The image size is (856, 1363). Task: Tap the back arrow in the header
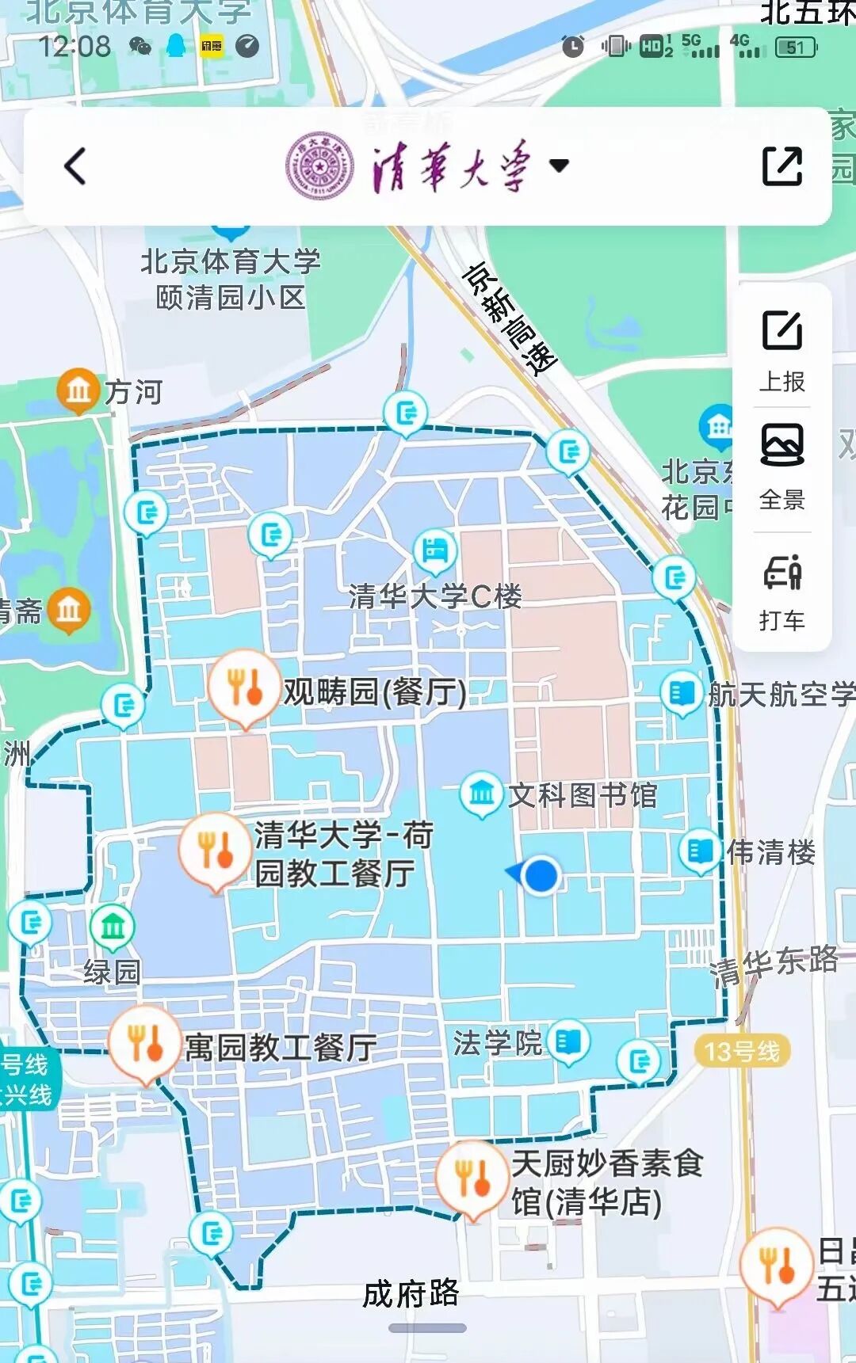click(x=75, y=166)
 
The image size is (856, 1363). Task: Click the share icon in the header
click(x=781, y=166)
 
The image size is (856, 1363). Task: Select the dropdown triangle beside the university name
click(x=559, y=166)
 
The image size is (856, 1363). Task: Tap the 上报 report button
click(x=782, y=348)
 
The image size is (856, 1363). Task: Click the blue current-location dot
click(x=541, y=874)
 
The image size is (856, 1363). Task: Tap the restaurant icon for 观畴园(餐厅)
click(x=244, y=686)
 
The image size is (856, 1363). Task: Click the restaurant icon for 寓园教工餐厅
click(x=144, y=1042)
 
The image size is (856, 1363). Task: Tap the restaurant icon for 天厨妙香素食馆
click(x=472, y=1178)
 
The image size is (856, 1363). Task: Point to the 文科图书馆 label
click(x=582, y=794)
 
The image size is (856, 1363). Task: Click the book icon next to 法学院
click(x=568, y=1041)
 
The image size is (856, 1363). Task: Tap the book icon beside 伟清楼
click(x=700, y=851)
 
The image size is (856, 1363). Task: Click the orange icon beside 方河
click(x=78, y=390)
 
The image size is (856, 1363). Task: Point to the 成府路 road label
click(x=411, y=1293)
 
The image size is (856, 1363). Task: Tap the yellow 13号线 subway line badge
click(x=742, y=1051)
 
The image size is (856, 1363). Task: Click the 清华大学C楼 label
click(x=435, y=596)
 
